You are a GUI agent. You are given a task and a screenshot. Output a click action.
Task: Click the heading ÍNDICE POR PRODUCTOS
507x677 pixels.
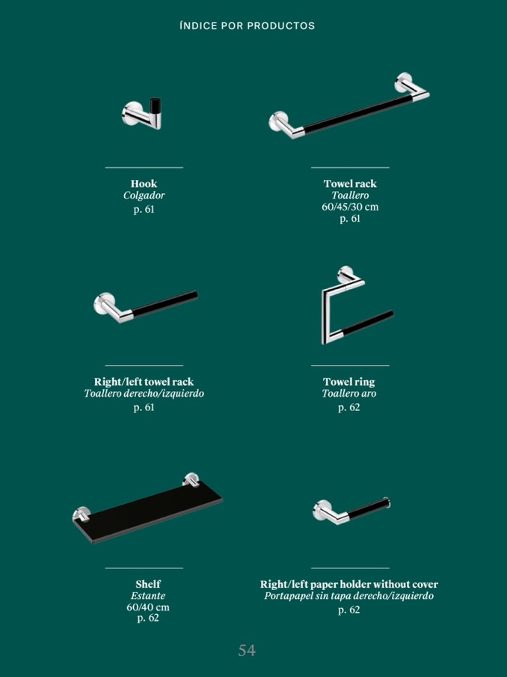[247, 26]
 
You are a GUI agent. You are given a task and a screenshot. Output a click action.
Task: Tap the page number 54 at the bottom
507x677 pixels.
[247, 650]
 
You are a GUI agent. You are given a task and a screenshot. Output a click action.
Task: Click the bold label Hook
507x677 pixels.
[144, 183]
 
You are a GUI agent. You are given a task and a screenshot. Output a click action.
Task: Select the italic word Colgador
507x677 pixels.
[144, 195]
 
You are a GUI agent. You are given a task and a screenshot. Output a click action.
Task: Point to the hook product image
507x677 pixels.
[142, 114]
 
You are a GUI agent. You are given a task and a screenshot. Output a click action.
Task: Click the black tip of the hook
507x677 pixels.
[156, 106]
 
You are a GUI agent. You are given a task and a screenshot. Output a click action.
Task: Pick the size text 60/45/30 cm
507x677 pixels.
[350, 207]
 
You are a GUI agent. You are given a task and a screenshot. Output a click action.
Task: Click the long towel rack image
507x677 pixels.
[348, 106]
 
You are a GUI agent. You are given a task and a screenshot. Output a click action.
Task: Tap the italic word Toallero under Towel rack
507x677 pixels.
[350, 195]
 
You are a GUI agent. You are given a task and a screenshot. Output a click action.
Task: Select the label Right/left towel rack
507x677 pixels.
[144, 382]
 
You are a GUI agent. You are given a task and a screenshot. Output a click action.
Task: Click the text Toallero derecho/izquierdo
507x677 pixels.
[144, 393]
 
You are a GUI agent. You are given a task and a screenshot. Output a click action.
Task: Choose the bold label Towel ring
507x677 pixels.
[349, 382]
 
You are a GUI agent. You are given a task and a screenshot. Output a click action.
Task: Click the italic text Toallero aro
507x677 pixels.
[349, 393]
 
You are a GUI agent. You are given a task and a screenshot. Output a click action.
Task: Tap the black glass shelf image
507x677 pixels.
[147, 509]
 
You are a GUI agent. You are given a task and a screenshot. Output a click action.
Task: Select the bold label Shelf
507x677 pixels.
[148, 584]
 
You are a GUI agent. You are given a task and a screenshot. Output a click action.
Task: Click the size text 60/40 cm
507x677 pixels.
[148, 607]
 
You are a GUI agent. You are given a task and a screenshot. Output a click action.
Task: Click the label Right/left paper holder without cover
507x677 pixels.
[348, 584]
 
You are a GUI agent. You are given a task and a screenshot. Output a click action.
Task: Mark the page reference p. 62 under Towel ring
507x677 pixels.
[348, 407]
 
